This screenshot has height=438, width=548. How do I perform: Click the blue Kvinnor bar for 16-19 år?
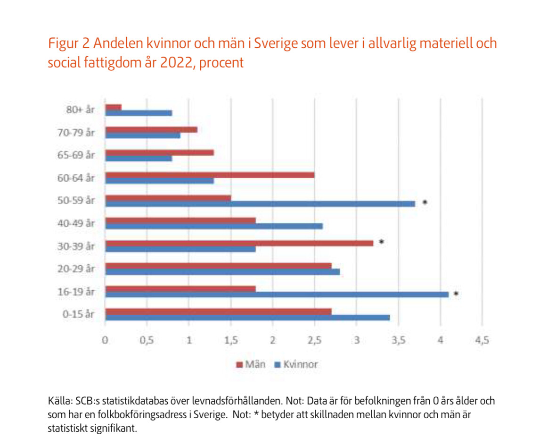coord(277,294)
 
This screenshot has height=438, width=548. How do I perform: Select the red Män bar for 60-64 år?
coord(210,175)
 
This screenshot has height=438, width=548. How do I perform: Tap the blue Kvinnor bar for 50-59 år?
coord(260,203)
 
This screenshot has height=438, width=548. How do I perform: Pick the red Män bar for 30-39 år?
coord(239,243)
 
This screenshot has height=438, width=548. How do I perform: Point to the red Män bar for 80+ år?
coord(114,107)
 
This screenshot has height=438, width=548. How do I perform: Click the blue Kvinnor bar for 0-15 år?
coord(247,317)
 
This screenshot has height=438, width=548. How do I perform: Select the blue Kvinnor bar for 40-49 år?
coord(214,226)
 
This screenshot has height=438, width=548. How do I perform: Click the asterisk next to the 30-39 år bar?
coord(382,242)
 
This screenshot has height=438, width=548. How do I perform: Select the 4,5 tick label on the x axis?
coord(482,340)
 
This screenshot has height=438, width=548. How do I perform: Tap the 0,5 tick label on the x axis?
coord(147,340)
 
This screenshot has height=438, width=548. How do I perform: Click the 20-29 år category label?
coord(79,269)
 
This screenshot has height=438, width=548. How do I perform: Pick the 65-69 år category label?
coord(79,155)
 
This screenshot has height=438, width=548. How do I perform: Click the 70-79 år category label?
coord(79,133)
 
